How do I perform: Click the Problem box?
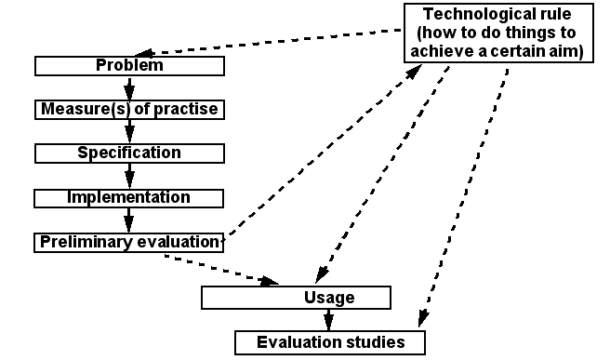[x=129, y=66]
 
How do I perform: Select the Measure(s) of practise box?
[x=129, y=109]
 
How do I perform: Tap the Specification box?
[x=129, y=153]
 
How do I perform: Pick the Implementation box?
[x=129, y=197]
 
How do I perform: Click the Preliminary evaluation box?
[x=129, y=242]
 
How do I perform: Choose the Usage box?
[x=297, y=298]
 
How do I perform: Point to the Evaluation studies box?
[x=330, y=342]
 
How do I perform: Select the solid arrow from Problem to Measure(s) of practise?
[x=129, y=87]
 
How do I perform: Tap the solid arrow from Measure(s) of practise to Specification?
[x=129, y=131]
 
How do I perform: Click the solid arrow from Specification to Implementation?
[x=129, y=175]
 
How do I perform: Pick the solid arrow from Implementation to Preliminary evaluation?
[x=129, y=220]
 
